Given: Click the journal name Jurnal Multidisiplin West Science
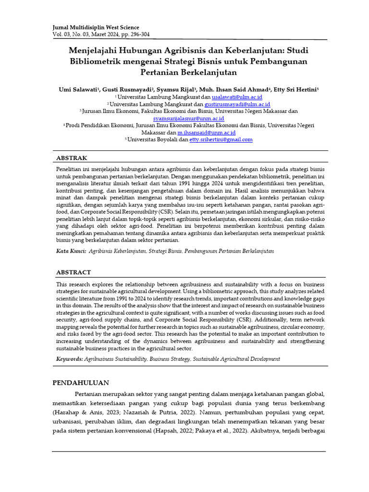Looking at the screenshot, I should [x=96, y=27].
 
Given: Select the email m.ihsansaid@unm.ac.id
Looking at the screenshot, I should [x=206, y=132].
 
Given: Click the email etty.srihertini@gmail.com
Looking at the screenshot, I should [x=221, y=139].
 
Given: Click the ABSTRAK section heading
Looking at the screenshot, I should [x=72, y=158].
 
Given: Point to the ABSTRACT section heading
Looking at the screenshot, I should [x=74, y=272].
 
